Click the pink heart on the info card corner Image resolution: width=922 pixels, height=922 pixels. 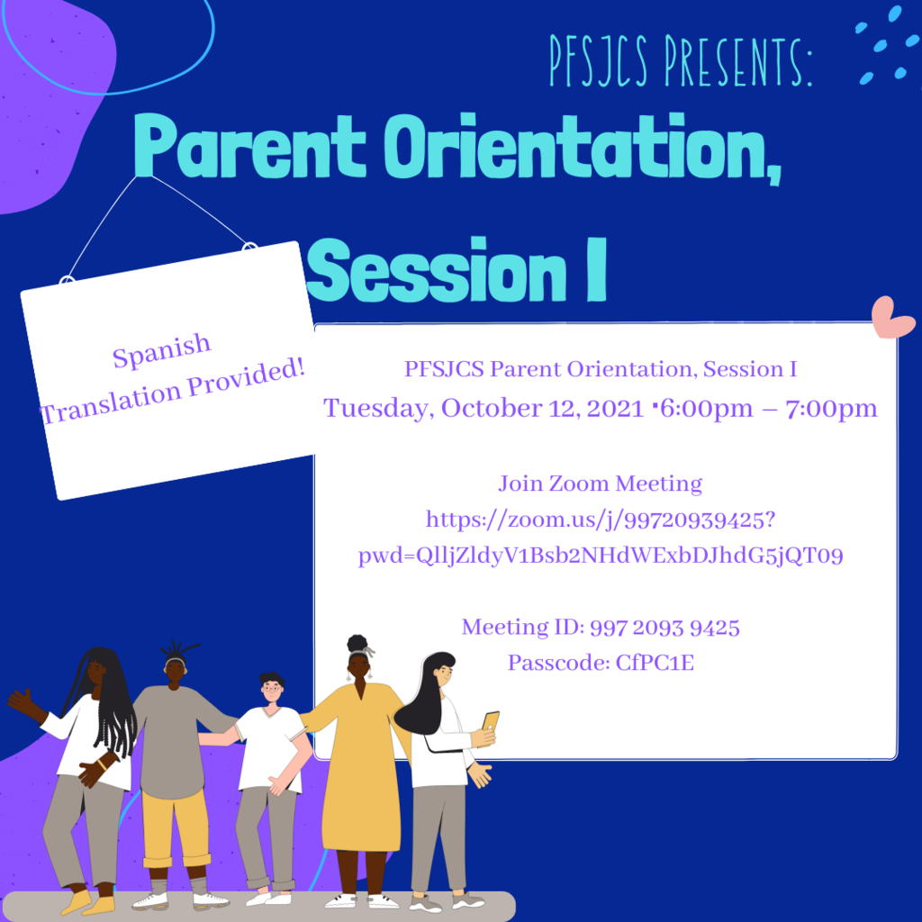[892, 318]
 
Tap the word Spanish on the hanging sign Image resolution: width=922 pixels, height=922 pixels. [161, 350]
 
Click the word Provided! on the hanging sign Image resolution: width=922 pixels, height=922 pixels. [247, 377]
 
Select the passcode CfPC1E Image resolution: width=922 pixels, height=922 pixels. [655, 663]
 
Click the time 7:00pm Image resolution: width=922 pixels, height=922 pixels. [831, 408]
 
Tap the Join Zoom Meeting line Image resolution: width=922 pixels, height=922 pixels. [600, 484]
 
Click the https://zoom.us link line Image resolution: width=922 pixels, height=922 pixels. [601, 520]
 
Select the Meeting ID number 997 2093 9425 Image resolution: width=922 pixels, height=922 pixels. [664, 628]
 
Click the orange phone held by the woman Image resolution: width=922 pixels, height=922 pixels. [491, 721]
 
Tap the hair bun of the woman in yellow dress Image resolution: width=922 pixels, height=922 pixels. [357, 643]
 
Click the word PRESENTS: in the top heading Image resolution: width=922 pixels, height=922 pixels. [738, 60]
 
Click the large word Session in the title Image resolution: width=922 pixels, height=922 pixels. [437, 269]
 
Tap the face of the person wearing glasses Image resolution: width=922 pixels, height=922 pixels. [272, 690]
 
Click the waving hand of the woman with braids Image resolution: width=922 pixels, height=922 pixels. [22, 700]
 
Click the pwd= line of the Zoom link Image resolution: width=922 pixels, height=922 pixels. [601, 556]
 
